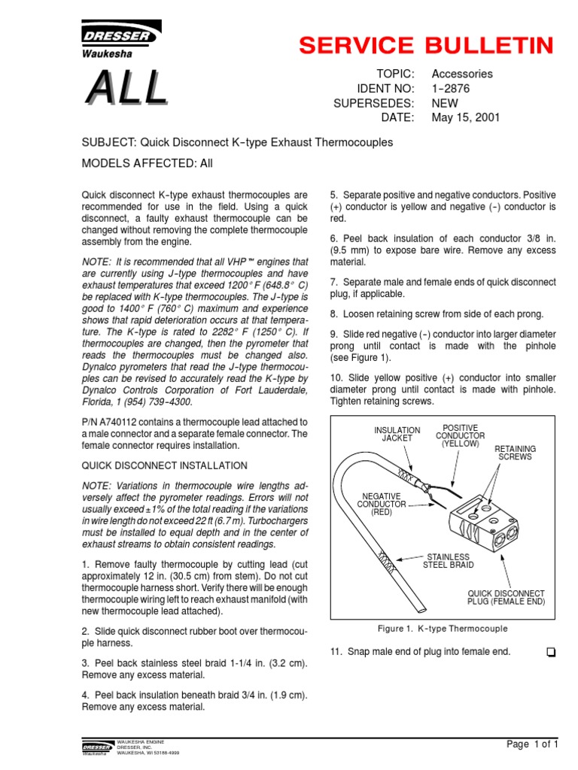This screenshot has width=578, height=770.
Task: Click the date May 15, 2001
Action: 465,118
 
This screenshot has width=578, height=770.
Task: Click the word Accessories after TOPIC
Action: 462,74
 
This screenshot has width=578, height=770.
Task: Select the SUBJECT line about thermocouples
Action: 237,142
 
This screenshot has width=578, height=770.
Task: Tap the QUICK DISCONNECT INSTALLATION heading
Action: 164,465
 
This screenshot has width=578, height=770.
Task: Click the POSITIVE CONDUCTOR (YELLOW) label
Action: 460,435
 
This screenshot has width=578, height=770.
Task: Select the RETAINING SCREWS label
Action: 514,453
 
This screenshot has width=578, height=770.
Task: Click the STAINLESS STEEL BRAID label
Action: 447,561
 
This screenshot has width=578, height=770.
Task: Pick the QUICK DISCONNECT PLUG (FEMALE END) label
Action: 506,598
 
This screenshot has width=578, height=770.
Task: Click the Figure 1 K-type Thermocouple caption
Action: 442,629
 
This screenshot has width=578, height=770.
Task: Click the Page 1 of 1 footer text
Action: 532,744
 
